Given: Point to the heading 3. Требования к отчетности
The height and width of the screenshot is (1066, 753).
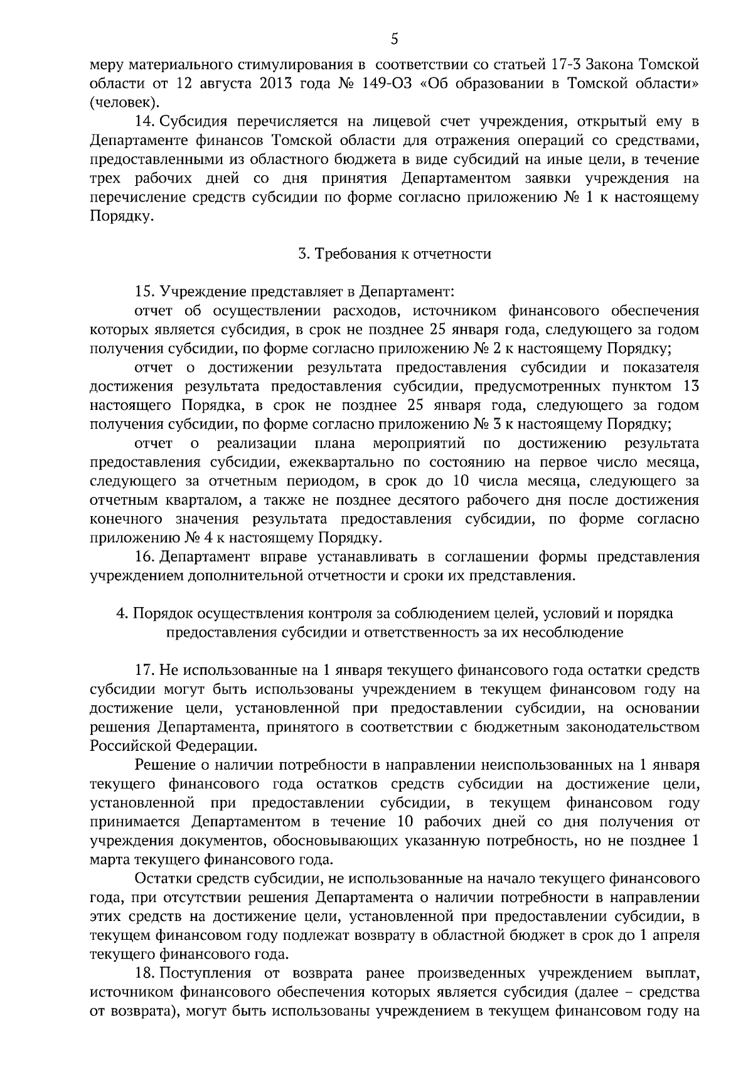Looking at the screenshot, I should [394, 254].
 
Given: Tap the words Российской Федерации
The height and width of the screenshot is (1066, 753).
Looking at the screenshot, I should [173, 746].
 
